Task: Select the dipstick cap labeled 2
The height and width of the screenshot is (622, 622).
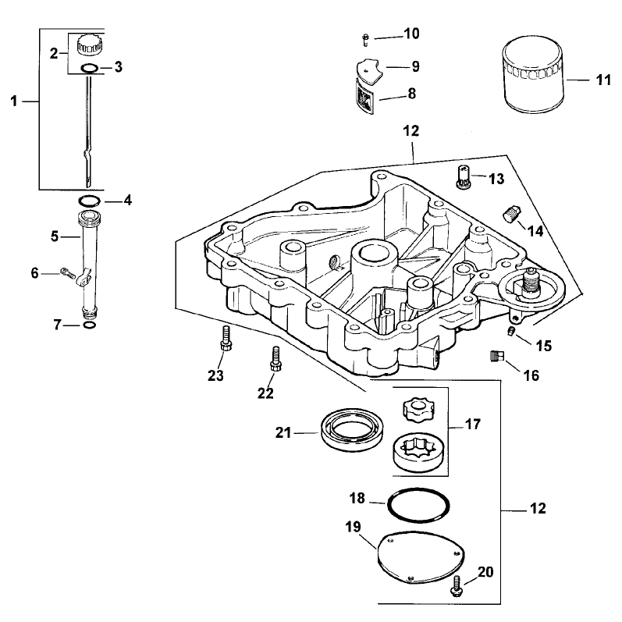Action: coord(89,44)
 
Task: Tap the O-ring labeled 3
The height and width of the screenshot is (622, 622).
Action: coord(88,68)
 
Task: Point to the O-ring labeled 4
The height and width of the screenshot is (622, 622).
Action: coord(88,201)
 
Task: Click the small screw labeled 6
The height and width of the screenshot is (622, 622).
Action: coord(68,273)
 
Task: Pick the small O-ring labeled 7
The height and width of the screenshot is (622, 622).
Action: coord(90,325)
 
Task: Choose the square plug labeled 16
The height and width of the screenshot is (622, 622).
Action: coord(496,355)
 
